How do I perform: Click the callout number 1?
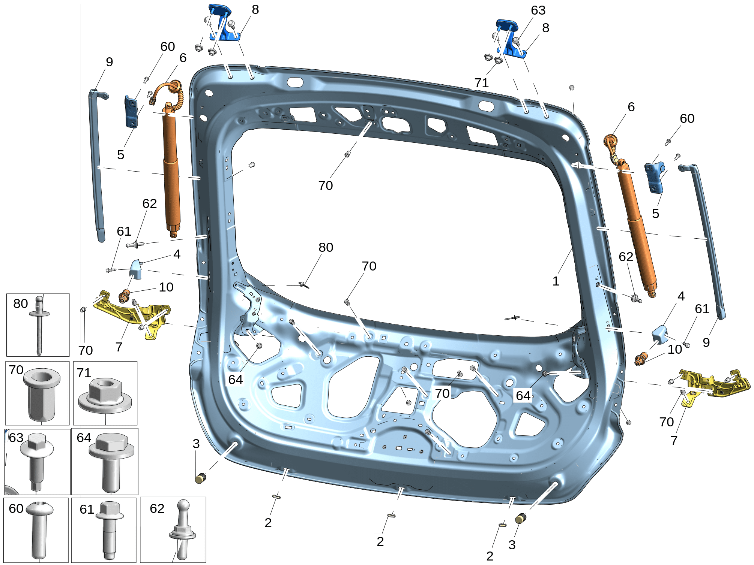(x=556, y=281)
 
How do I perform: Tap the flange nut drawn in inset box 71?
(x=105, y=396)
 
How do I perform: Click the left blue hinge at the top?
(x=224, y=22)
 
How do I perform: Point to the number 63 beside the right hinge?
(x=538, y=10)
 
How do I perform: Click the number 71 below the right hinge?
(x=481, y=83)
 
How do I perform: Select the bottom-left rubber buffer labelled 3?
(x=201, y=478)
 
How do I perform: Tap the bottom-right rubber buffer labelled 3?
(x=521, y=519)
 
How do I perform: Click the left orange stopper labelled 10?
(x=124, y=296)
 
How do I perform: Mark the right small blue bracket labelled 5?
(x=655, y=177)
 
